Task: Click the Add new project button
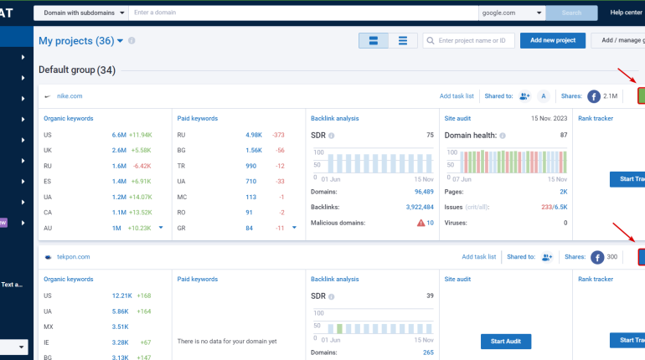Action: [553, 40]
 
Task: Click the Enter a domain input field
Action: [303, 13]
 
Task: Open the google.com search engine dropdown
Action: [512, 13]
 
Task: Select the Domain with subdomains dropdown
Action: [81, 13]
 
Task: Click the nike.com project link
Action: [70, 96]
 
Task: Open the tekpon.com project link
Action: [73, 257]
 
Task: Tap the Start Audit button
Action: [506, 341]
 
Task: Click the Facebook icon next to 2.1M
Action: [594, 96]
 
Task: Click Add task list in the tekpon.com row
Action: [479, 257]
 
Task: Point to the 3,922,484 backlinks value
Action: [420, 207]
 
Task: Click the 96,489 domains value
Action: [424, 192]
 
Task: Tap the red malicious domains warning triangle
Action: [421, 223]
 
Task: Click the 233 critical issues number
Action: [546, 207]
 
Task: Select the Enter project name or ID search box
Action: [468, 40]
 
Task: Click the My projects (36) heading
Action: [76, 41]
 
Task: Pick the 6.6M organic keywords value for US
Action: [119, 135]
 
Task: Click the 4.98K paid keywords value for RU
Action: [254, 135]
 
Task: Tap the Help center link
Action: [626, 13]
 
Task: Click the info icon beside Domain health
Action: [503, 136]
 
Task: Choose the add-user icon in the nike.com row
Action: [524, 96]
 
